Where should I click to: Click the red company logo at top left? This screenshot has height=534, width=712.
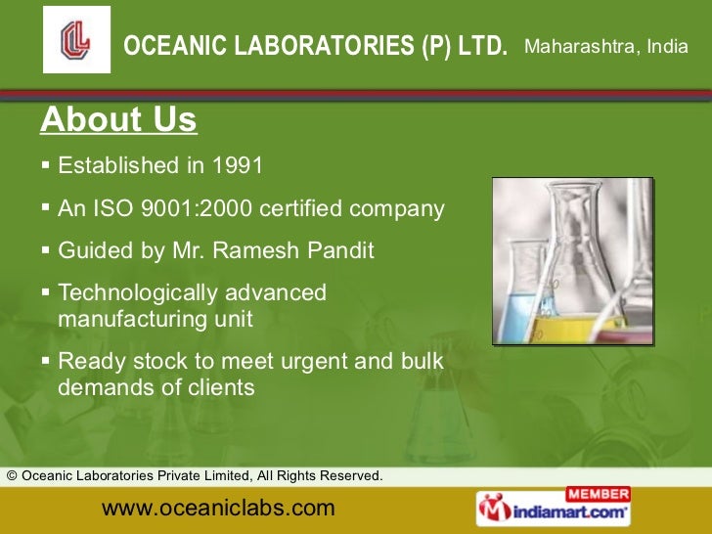[76, 39]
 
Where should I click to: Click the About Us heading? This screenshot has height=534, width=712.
[118, 120]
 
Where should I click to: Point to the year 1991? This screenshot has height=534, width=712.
[238, 165]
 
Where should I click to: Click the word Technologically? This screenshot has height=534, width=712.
[138, 292]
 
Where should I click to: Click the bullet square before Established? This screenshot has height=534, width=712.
[47, 164]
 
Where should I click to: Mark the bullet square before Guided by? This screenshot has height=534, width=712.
[47, 250]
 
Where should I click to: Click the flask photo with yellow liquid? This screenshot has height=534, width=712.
[572, 261]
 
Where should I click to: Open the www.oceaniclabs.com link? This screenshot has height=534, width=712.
[218, 508]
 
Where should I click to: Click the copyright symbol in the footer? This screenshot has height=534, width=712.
[12, 476]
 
